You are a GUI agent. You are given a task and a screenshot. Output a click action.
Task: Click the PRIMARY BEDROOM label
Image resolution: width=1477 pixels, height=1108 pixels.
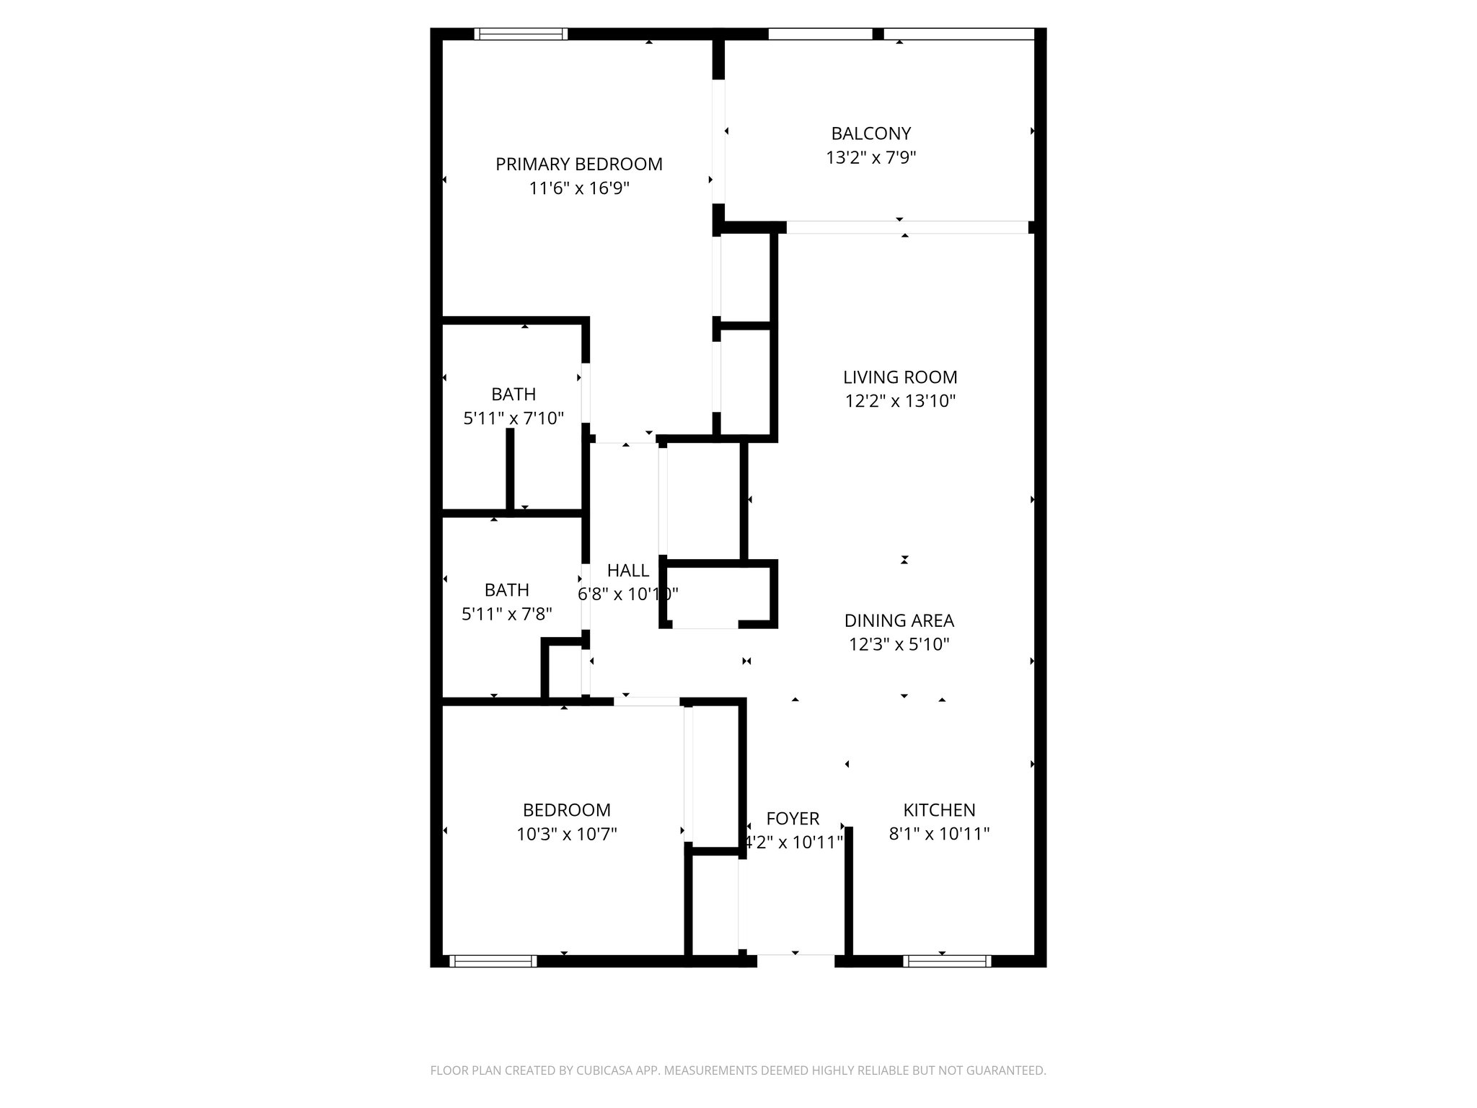click(x=578, y=164)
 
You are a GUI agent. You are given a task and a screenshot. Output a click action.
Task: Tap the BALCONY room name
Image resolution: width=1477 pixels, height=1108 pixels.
click(x=870, y=133)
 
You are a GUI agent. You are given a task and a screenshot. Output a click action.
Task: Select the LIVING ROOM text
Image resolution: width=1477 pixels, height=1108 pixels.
click(x=900, y=377)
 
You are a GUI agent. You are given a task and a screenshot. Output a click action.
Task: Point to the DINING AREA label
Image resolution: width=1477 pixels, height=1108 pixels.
click(x=899, y=620)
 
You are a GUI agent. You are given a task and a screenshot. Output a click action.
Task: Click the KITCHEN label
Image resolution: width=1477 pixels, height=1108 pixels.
click(x=939, y=810)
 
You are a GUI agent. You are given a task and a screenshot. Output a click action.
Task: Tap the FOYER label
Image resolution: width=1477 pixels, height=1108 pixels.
click(x=793, y=819)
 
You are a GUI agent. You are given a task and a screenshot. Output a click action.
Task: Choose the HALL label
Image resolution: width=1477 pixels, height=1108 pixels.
click(x=627, y=571)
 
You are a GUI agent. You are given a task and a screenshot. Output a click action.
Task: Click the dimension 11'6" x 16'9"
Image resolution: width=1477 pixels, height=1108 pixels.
click(x=578, y=189)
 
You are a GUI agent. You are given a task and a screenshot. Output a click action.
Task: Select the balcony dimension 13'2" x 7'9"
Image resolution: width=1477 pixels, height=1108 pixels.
click(x=870, y=158)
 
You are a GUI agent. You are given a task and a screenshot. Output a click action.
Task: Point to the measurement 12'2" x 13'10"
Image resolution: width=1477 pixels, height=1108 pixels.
click(x=900, y=401)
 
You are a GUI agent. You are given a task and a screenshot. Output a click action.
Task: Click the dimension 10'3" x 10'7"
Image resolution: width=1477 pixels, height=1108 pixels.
click(x=566, y=835)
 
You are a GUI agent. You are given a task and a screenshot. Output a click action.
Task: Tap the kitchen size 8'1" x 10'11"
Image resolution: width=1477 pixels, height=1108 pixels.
click(x=939, y=835)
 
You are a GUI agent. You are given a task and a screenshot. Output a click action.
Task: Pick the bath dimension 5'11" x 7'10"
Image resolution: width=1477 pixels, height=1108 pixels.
click(x=513, y=418)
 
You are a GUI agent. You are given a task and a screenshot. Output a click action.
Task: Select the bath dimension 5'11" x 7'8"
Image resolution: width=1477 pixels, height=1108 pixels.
click(x=506, y=615)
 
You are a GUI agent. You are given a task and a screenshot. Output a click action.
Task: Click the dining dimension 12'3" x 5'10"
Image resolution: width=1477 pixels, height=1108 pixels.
click(x=899, y=645)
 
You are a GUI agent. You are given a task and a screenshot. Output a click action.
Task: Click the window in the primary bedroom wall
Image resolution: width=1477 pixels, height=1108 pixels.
click(x=521, y=34)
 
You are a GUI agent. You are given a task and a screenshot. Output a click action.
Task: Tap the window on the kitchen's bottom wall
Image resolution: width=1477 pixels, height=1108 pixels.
click(x=946, y=961)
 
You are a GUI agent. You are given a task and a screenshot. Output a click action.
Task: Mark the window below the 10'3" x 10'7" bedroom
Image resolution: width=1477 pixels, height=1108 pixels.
click(x=493, y=961)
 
